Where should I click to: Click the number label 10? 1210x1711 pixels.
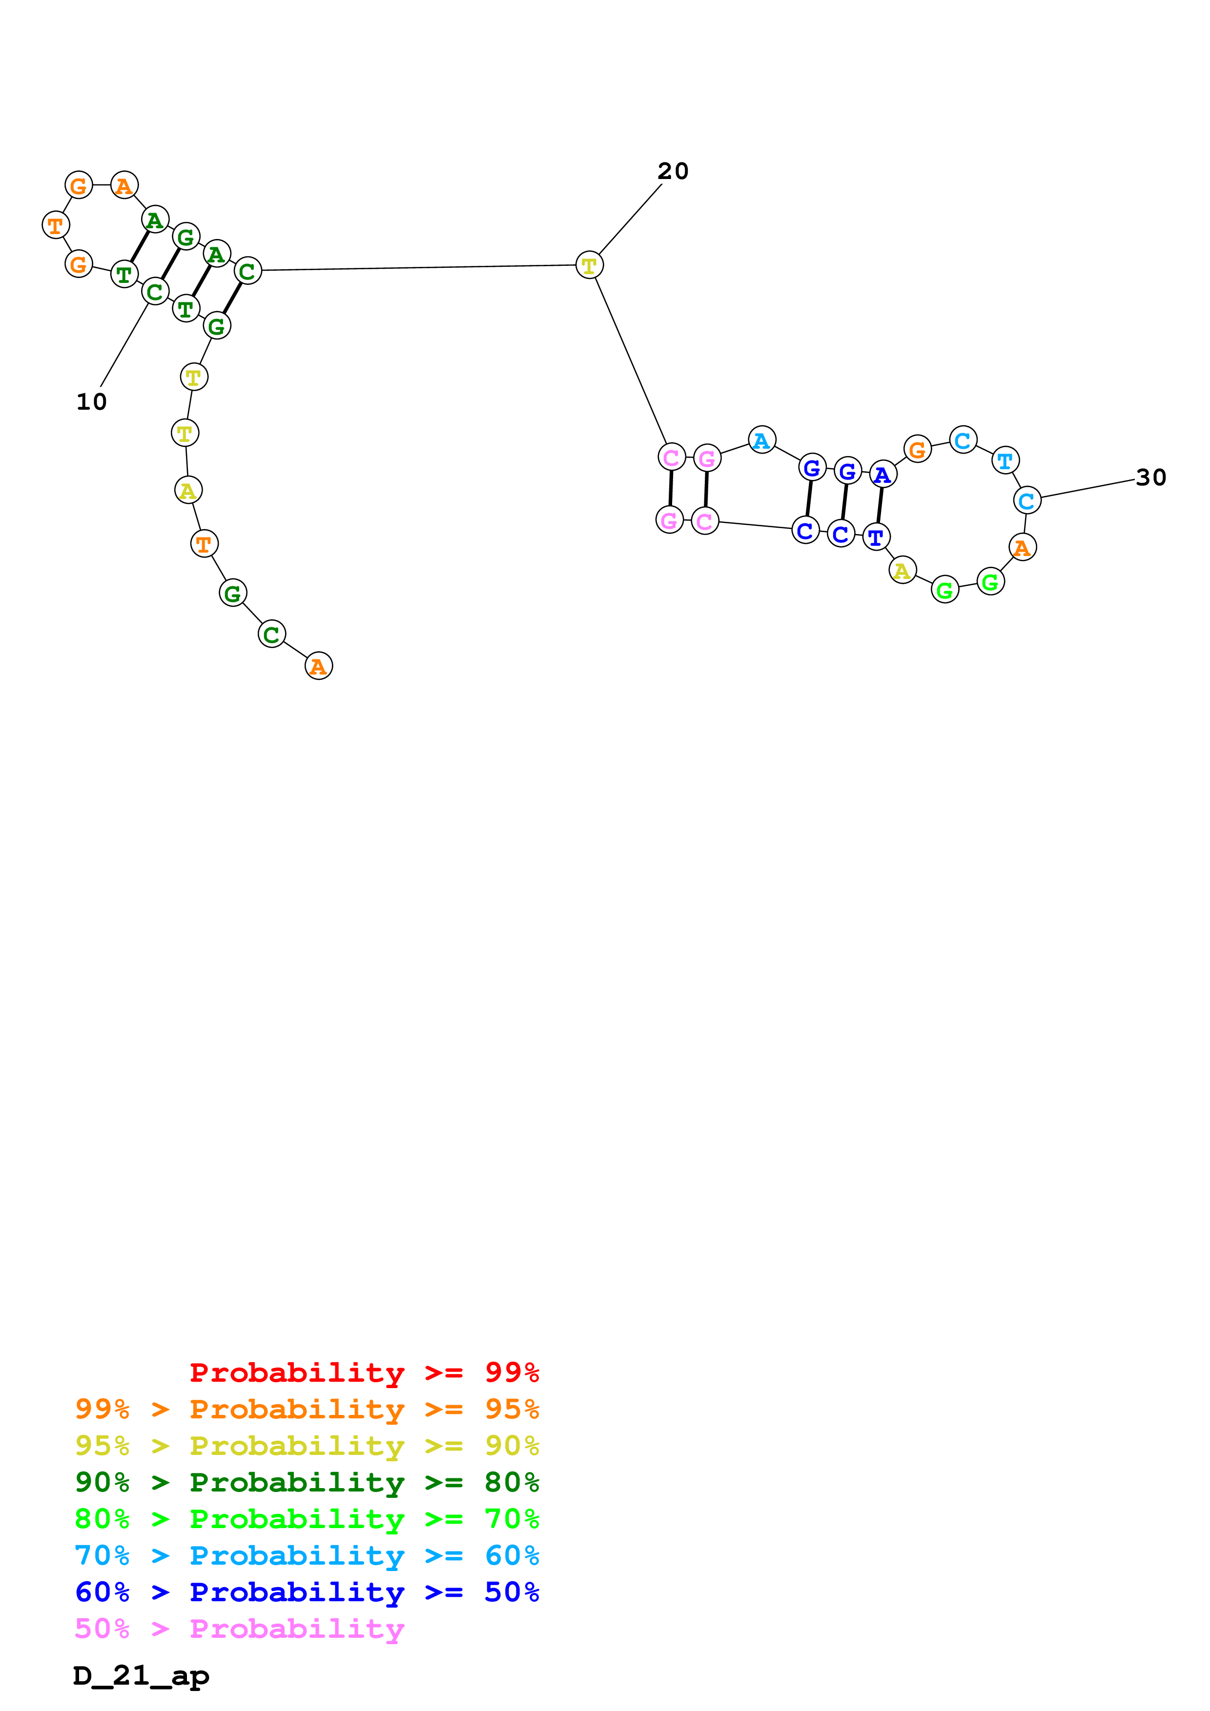(92, 402)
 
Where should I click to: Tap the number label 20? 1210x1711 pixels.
(673, 171)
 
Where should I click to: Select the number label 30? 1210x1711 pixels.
(1150, 477)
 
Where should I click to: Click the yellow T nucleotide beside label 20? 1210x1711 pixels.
(589, 265)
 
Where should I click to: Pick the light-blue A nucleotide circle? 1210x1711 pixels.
(761, 440)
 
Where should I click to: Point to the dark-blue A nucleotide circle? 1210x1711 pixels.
(882, 475)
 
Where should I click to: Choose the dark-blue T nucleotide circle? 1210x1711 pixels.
(876, 537)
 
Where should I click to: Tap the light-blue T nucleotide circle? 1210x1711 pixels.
(1005, 460)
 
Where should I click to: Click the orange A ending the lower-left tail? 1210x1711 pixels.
(318, 666)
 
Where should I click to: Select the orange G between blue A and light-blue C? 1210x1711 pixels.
(917, 449)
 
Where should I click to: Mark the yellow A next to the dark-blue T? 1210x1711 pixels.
(902, 571)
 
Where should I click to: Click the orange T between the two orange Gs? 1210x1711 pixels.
(55, 225)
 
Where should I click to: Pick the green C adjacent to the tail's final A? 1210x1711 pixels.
(271, 634)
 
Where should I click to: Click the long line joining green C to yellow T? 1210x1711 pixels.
(417, 268)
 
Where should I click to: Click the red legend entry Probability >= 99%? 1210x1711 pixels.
(364, 1373)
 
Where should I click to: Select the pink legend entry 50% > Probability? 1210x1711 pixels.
(239, 1629)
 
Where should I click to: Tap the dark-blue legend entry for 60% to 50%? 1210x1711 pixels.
(307, 1592)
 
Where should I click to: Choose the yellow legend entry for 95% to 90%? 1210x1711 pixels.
(307, 1446)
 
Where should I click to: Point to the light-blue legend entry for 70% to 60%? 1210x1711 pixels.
(307, 1556)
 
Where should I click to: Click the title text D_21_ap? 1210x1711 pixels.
(141, 1676)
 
